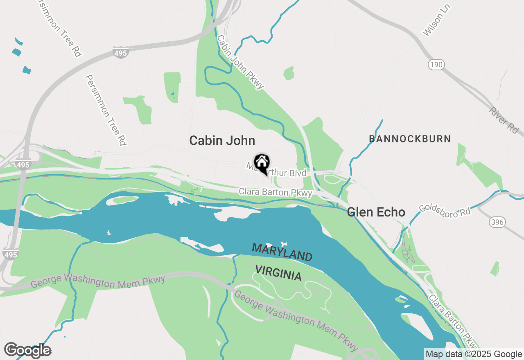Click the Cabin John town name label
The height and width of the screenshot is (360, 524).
222,141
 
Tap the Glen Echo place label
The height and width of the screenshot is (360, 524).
376,212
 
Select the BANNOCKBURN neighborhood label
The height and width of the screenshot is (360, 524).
410,139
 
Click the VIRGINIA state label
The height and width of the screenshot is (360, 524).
278,272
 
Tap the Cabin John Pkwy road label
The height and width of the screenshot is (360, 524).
240,62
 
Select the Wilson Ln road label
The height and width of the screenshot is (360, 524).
437,21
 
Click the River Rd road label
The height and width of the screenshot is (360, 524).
503,119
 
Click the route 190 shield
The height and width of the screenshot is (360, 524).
436,64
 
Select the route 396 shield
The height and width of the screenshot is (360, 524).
497,222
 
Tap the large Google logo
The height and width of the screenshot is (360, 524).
27,350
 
